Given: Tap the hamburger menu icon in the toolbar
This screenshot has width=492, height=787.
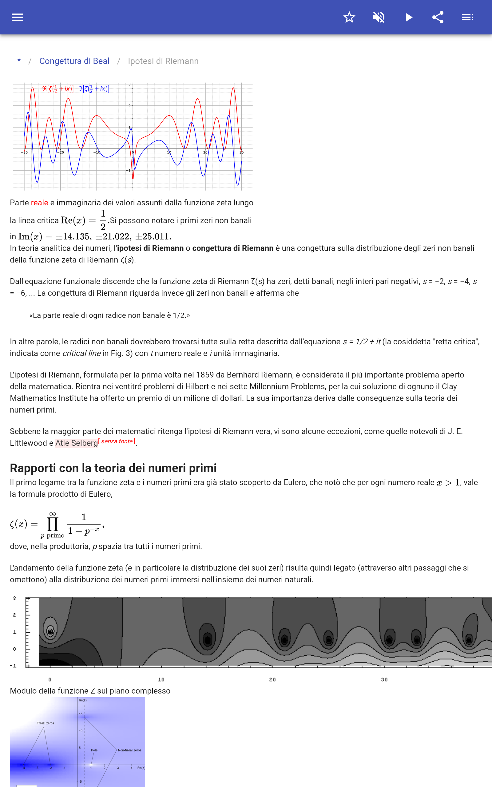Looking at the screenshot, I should pos(17,17).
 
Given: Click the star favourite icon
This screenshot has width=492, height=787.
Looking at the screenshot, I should pos(349,17).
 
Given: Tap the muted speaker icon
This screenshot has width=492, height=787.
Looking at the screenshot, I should pos(379,17).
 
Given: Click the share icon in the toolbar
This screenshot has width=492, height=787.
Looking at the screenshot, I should pos(438,17).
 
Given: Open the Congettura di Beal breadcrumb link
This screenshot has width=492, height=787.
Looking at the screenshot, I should pos(74,61).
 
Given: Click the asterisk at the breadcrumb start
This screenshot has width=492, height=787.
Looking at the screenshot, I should pos(19,61).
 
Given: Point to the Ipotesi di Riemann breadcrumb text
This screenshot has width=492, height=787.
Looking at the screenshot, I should pos(163,61).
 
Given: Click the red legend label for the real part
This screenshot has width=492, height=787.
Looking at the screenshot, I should pos(58,89).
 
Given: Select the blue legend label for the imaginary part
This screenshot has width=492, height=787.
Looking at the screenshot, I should pos(94,89).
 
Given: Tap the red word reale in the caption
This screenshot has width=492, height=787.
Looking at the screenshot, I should pos(39,203).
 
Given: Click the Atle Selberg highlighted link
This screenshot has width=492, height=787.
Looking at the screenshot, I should pos(77,443).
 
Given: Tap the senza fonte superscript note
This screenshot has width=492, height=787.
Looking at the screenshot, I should pos(117,441).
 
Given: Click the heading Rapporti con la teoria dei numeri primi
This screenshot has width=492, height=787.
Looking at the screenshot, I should pos(113,468).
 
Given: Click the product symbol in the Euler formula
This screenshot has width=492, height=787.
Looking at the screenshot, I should pos(53,524).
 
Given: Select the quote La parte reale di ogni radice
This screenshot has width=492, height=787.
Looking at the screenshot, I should pos(110,315).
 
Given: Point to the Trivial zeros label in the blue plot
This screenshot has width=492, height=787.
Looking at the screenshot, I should pos(45,723).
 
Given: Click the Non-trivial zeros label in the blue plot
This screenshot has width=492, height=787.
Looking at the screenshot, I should pos(129,750).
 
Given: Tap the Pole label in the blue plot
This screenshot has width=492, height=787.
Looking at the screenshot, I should pos(94,750).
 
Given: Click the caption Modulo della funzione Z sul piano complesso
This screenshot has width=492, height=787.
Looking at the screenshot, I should pos(90,691).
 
